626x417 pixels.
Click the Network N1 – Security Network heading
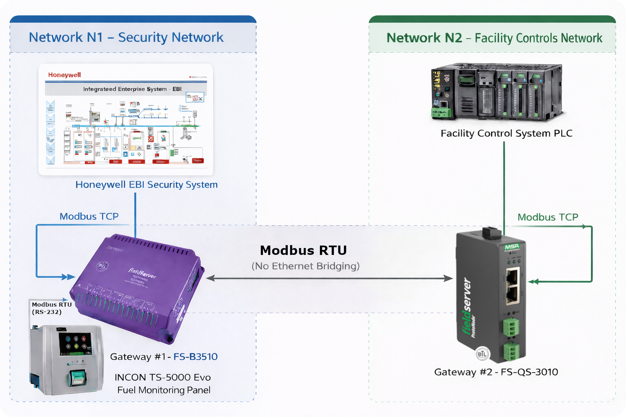(x=126, y=37)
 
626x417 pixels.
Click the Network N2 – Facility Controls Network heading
(x=494, y=38)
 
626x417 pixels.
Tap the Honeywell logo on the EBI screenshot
(x=64, y=75)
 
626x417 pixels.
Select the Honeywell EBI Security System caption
(x=146, y=184)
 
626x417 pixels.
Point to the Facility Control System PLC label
(x=506, y=134)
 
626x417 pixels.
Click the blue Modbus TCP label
(x=89, y=216)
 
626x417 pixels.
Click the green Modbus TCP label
(x=547, y=217)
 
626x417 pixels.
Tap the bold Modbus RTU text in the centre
(x=303, y=250)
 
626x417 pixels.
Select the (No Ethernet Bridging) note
(x=305, y=266)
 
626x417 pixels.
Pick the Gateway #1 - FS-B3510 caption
(x=163, y=357)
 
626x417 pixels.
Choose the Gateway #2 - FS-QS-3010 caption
(x=496, y=372)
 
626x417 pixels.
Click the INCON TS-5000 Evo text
(x=162, y=377)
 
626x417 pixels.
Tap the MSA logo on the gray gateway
(x=512, y=247)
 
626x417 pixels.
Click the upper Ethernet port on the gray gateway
(x=513, y=276)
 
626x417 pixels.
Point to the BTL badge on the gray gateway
(x=482, y=354)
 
